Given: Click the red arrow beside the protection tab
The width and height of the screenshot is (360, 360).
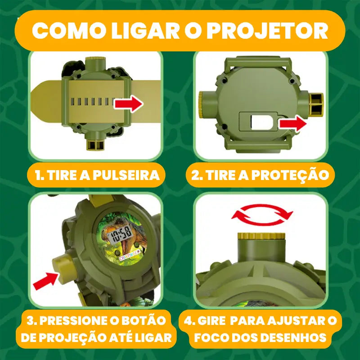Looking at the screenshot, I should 292,123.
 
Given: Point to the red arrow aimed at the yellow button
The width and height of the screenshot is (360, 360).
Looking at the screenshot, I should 46,281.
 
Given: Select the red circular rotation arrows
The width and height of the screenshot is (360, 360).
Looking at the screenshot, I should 262,215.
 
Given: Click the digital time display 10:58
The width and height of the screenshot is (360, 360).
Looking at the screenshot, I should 121,234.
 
